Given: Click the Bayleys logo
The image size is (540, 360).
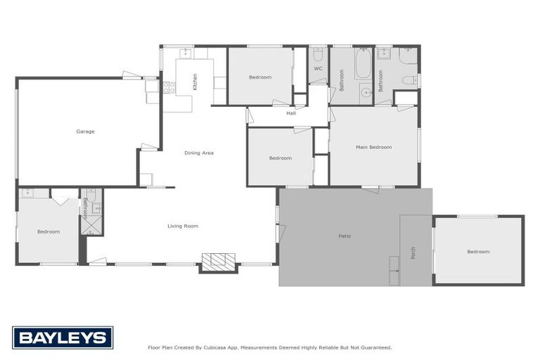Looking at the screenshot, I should [x=63, y=338].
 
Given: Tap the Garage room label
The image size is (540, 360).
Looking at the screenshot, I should [x=86, y=131].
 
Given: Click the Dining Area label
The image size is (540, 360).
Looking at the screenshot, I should [x=199, y=153].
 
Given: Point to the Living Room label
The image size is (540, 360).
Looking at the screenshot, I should [x=183, y=226].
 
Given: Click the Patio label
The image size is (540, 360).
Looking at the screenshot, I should [x=345, y=236].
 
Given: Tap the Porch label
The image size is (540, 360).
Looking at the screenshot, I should [x=413, y=251].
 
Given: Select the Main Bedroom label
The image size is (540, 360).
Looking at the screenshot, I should [x=373, y=147].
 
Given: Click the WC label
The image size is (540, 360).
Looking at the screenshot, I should [x=318, y=69].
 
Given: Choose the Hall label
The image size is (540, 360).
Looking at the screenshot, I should [x=291, y=113].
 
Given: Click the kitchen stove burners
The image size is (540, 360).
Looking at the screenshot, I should [x=169, y=88].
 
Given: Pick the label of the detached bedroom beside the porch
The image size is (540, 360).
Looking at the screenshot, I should [x=478, y=251].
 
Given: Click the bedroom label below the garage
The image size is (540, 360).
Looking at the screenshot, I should [x=49, y=231].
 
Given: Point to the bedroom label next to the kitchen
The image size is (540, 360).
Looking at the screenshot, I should [x=260, y=77].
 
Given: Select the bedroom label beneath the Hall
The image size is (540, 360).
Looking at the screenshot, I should [x=280, y=158].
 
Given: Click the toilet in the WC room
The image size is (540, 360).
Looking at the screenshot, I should [x=318, y=54].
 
